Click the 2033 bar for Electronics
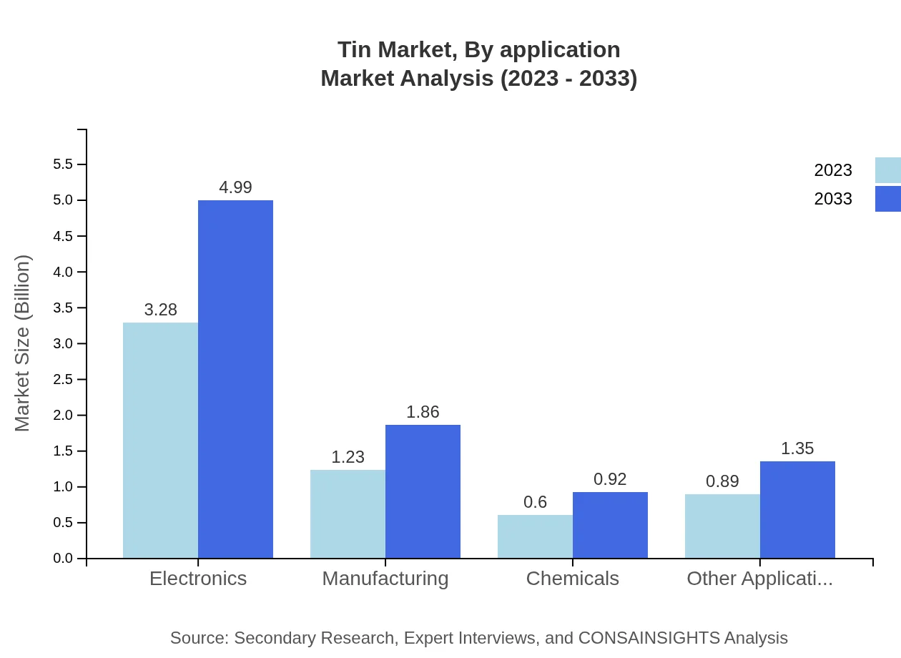tap(235, 379)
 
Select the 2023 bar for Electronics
tap(160, 440)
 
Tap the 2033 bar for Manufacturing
tap(423, 491)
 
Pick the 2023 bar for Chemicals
tap(535, 536)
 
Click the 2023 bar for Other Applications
tap(722, 526)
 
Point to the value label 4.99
tap(235, 187)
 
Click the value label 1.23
tap(348, 457)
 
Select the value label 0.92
tap(610, 479)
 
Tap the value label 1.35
tap(797, 448)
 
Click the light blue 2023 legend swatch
tap(887, 170)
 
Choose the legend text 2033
tap(833, 199)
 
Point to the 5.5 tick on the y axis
tap(63, 164)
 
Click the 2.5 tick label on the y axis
tap(63, 379)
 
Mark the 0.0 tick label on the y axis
tap(63, 559)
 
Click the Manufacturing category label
tap(385, 578)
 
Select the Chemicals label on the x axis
tap(572, 578)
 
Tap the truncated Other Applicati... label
tap(759, 578)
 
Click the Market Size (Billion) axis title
tap(23, 343)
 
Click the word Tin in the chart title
tap(354, 49)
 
